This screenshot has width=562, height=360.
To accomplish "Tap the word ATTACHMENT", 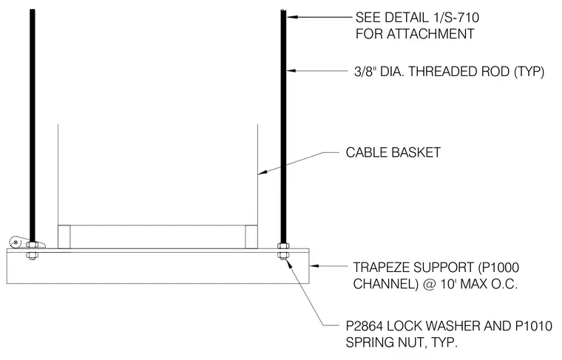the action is (430, 34).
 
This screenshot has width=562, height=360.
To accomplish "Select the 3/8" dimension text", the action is (365, 71).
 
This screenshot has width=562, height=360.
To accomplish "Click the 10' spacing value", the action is (447, 284).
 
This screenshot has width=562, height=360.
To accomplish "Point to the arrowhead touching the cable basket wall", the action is (263, 173).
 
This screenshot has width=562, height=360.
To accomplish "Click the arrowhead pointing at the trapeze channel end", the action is (314, 266).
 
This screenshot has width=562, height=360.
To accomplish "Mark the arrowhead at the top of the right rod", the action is (291, 16).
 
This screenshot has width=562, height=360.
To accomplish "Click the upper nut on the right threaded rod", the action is (283, 245).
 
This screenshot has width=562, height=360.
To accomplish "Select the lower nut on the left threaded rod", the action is (33, 256).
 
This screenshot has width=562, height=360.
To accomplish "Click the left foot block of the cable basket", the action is (64, 237).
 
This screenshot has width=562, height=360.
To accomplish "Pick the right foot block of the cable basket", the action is (251, 237).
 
